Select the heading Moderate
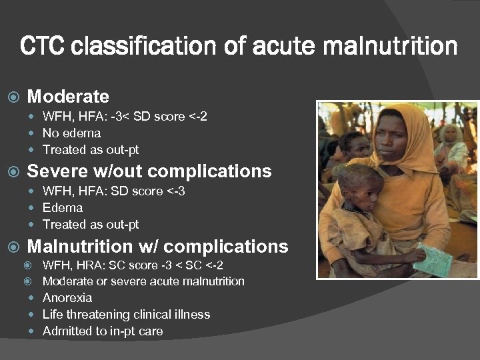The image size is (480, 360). click(x=67, y=97)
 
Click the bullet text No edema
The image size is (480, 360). click(x=71, y=133)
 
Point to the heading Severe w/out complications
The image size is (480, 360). click(x=149, y=171)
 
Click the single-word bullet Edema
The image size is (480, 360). click(x=63, y=207)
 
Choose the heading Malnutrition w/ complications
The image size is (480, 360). click(x=157, y=246)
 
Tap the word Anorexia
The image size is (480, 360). click(x=67, y=297)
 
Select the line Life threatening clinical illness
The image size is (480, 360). click(x=126, y=314)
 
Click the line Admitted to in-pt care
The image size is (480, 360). click(x=103, y=331)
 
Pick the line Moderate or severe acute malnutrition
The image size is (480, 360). click(x=143, y=281)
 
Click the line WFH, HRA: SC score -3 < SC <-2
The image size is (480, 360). click(x=133, y=265)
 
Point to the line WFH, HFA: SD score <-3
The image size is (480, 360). click(x=114, y=191)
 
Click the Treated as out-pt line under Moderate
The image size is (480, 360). click(x=91, y=149)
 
